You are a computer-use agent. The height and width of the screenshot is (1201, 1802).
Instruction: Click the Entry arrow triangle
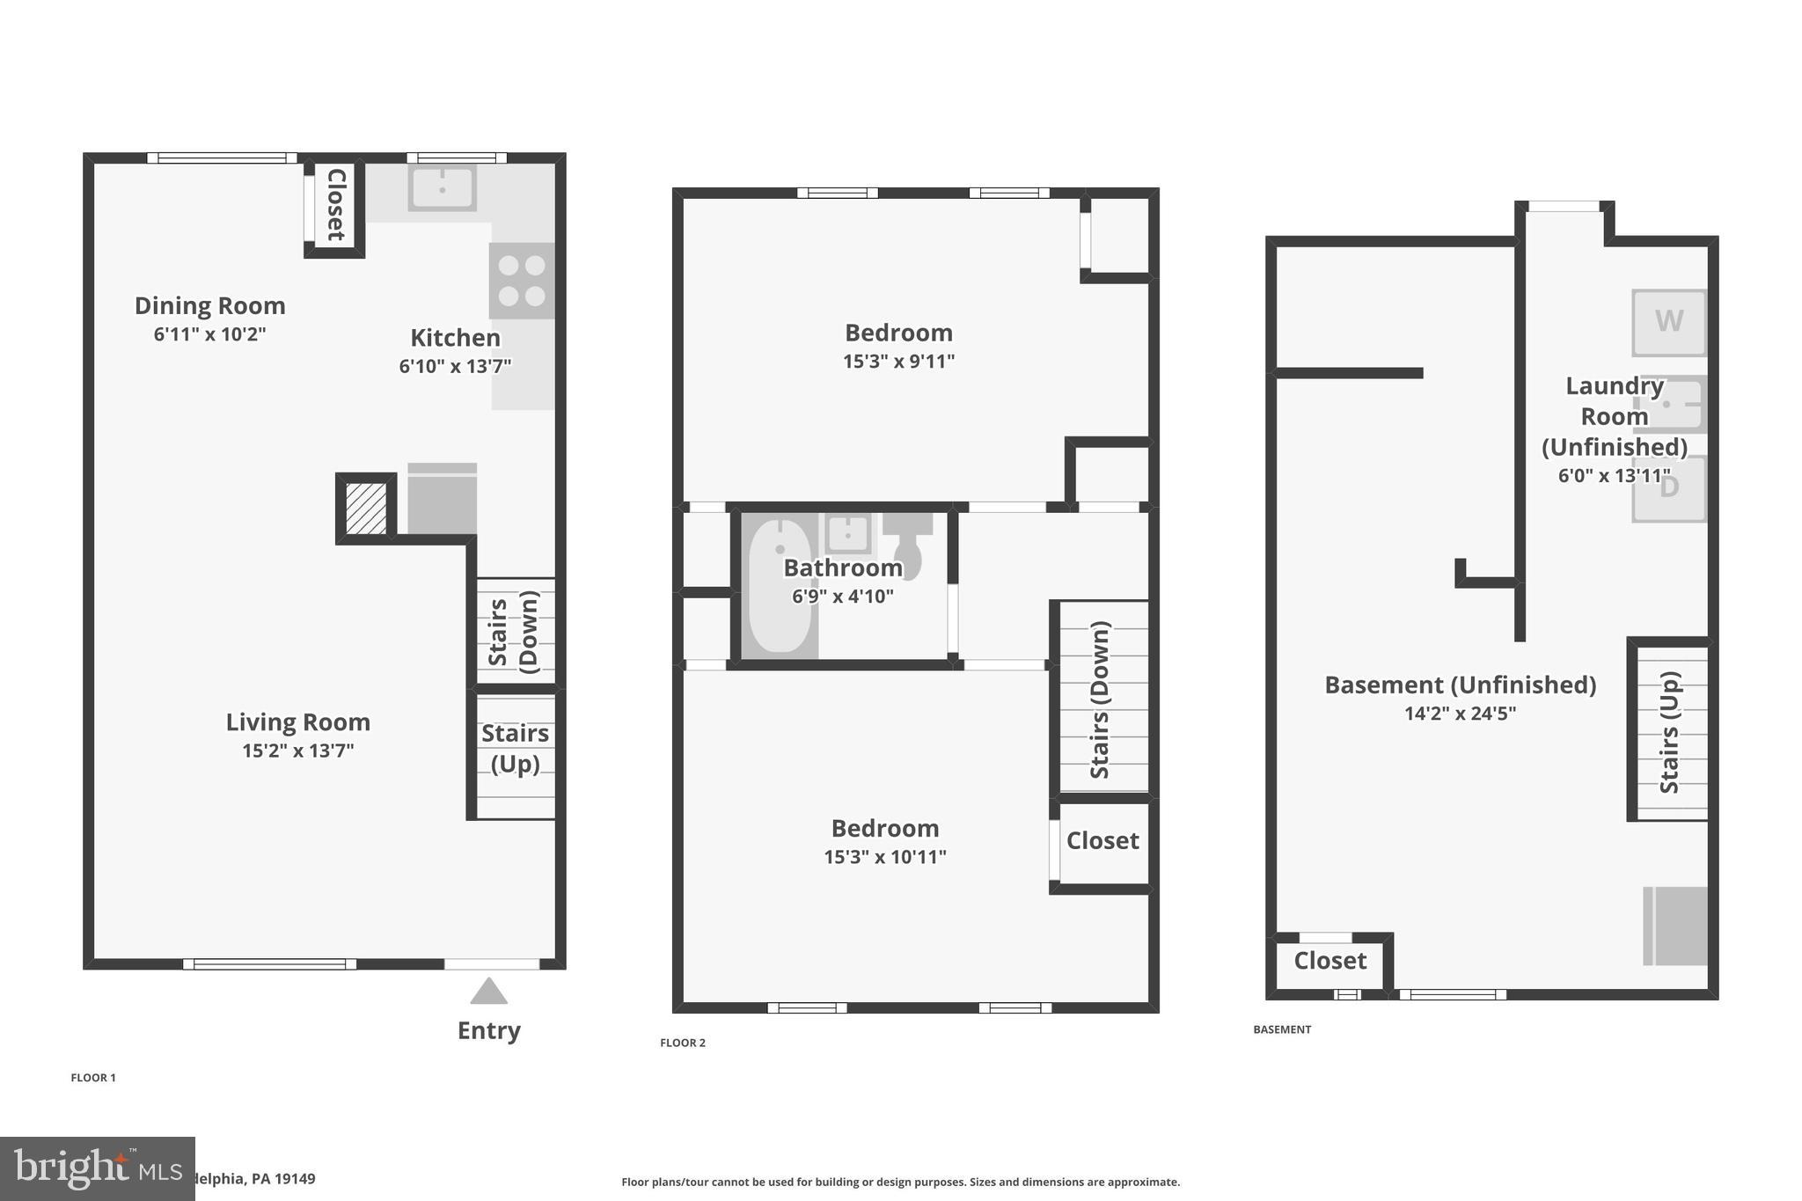click(x=488, y=992)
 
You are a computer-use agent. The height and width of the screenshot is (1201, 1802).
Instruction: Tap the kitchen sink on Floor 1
click(x=442, y=187)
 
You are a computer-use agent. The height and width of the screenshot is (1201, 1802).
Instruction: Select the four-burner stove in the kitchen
click(x=522, y=281)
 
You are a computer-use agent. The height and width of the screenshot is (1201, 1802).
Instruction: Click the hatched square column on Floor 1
click(x=365, y=509)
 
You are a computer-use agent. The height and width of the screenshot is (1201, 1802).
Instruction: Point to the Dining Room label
click(x=209, y=306)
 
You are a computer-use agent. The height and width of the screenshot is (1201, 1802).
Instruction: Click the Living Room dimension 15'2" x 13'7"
click(x=297, y=751)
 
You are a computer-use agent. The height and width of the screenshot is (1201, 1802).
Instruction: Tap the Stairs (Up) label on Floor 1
click(x=515, y=748)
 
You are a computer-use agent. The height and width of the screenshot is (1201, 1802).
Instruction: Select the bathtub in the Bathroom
click(x=779, y=586)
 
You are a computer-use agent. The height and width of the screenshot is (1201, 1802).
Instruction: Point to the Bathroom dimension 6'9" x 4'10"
click(x=842, y=597)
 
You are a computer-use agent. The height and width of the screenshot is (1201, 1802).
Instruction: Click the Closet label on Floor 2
click(x=1102, y=841)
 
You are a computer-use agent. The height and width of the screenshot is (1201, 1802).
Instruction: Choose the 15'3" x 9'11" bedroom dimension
click(x=898, y=362)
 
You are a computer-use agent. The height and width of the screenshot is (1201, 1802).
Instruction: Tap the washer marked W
click(x=1668, y=322)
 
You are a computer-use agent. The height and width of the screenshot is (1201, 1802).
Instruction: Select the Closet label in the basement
click(x=1330, y=961)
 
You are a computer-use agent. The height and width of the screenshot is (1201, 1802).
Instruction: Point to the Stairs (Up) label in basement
click(x=1669, y=732)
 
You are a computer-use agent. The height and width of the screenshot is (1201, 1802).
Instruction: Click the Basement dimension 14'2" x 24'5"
click(x=1460, y=714)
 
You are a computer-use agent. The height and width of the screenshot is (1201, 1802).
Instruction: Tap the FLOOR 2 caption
click(x=683, y=1043)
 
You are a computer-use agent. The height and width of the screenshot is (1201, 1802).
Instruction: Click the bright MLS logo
click(x=97, y=1168)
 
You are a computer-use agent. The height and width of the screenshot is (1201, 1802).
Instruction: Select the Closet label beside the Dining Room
click(x=336, y=205)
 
